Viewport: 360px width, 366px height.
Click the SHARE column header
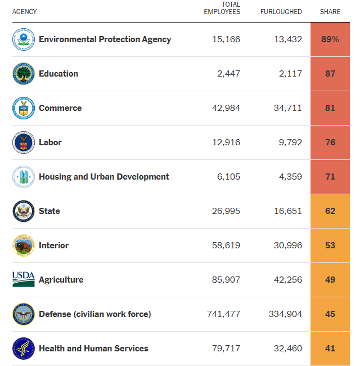coord(330,12)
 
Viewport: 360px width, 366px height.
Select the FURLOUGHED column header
coord(281,12)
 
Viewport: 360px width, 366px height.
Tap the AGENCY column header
coord(25,12)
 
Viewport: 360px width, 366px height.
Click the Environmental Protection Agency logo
coord(24,39)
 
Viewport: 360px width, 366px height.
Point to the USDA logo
coord(24,279)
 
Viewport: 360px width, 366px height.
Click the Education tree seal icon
coord(24,74)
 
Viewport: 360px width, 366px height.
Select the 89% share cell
coord(330,39)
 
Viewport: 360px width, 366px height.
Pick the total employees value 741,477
coord(224,314)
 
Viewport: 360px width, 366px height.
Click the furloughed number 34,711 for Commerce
coord(288,108)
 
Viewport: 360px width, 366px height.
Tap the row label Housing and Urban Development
coord(104,177)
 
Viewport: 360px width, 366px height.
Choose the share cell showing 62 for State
coord(330,211)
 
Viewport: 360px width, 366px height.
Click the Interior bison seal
coord(24,246)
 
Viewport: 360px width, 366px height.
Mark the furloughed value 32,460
coord(288,349)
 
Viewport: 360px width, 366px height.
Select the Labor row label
coord(50,142)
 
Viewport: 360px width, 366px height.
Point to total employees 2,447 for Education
coord(228,74)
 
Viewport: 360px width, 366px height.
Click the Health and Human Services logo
coord(24,349)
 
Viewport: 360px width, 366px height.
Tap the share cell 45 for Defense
coord(330,314)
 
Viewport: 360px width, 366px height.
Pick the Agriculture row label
coord(61,280)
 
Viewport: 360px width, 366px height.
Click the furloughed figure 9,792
coord(290,142)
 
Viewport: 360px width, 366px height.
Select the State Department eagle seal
coord(24,211)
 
